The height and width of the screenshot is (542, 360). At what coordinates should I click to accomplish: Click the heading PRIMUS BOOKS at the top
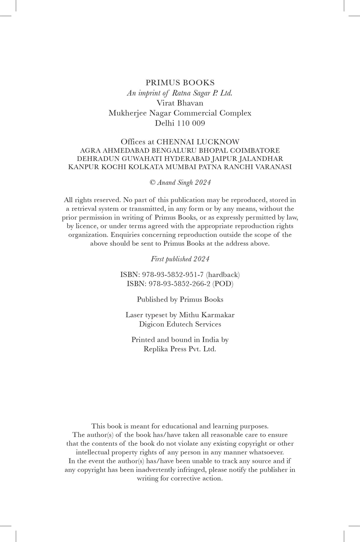[180, 83]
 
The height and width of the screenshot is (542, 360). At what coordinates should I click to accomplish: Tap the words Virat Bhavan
[180, 103]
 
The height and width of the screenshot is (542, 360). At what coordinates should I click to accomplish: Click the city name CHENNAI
[176, 142]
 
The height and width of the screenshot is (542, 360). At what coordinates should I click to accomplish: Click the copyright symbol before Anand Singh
[152, 183]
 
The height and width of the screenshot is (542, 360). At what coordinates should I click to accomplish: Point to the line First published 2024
[180, 259]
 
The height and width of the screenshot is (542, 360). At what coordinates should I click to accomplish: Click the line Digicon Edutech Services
[180, 324]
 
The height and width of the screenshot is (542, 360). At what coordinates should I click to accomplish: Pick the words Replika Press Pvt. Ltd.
[180, 349]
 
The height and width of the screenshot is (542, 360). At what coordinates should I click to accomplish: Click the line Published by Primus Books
[180, 299]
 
